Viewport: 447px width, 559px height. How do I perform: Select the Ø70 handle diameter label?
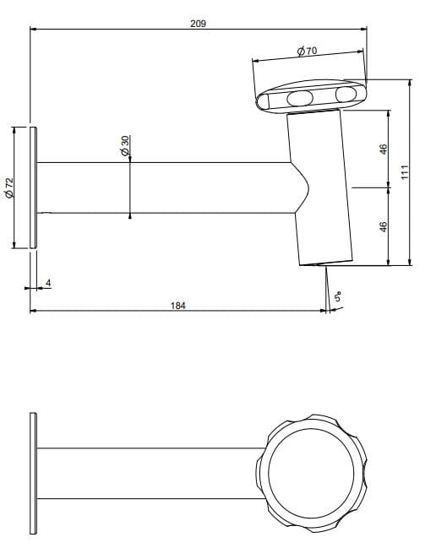coord(307,52)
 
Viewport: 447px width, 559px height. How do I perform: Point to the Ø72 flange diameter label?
coord(9,187)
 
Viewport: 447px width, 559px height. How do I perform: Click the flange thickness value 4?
coord(48,282)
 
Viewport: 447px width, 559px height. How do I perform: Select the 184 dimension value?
coord(177,305)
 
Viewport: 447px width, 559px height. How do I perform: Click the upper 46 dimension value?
coord(383,149)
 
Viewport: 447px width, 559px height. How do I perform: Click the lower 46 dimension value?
coord(383,226)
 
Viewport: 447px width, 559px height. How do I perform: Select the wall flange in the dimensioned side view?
coord(33,187)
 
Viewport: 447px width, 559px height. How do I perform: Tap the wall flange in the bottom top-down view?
coord(33,474)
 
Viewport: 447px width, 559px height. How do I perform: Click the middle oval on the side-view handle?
coord(299,99)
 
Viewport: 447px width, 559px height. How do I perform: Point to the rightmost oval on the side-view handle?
coord(346,94)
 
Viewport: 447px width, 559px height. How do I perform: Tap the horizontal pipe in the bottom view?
coord(144,473)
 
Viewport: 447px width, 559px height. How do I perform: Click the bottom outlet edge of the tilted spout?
coord(325,263)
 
